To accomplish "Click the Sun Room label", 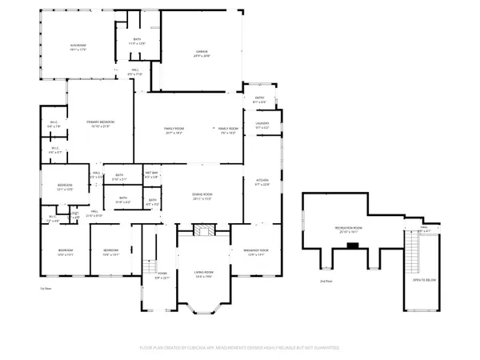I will coord(78,50).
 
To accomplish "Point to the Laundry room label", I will coord(262,126).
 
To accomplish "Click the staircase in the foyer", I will coord(149,267).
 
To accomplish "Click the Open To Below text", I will coord(423,282).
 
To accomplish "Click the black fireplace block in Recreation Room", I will coord(350,246).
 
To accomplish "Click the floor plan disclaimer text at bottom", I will coord(240,348).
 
